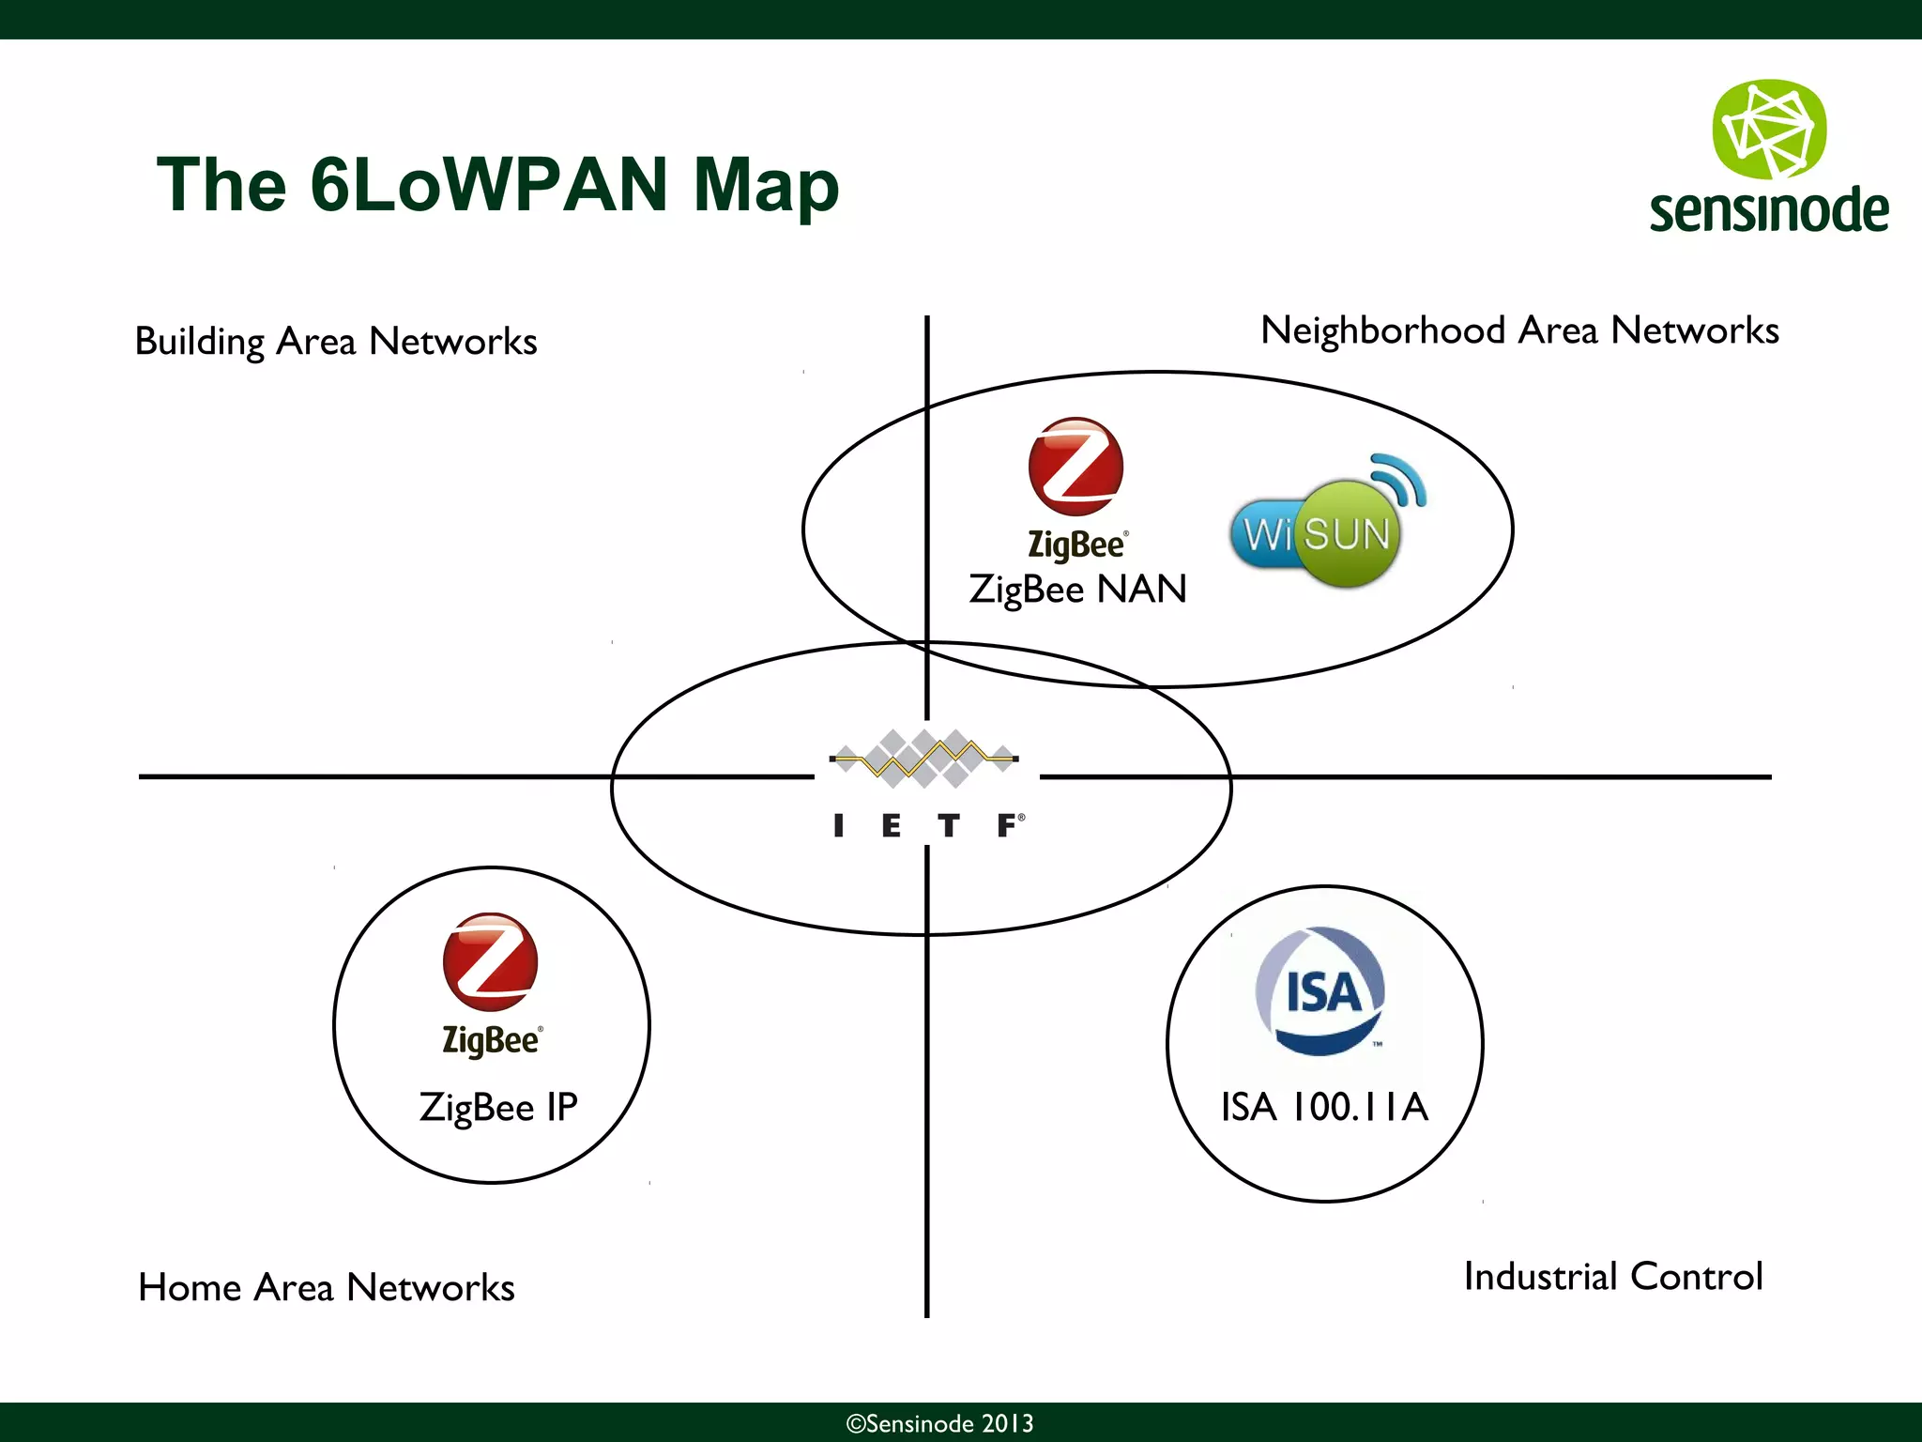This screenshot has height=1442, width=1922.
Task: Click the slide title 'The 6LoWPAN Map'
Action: [497, 185]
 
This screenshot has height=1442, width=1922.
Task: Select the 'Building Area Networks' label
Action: [336, 342]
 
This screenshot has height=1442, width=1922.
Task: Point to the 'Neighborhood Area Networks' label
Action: [1519, 330]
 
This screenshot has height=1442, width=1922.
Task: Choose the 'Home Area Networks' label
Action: [327, 1287]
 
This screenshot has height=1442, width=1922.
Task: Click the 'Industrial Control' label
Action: [1613, 1277]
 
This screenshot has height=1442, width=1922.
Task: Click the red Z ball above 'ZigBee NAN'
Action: [1075, 467]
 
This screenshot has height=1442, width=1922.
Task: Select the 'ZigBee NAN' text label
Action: [1078, 590]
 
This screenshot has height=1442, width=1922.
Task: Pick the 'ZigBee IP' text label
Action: [498, 1108]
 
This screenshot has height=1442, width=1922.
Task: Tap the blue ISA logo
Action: [1321, 991]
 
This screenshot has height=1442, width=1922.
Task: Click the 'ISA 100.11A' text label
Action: [1324, 1107]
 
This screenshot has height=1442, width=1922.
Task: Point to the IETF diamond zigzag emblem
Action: [924, 758]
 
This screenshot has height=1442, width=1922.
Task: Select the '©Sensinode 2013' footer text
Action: [939, 1423]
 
